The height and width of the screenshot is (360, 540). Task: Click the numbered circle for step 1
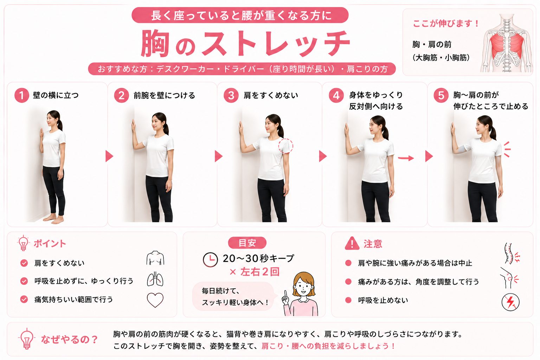pyautogui.click(x=22, y=95)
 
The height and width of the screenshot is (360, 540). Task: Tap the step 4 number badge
pyautogui.click(x=336, y=95)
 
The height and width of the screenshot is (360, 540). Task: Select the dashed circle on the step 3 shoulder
pyautogui.click(x=286, y=146)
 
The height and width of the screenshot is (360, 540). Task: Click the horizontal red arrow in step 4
pyautogui.click(x=406, y=158)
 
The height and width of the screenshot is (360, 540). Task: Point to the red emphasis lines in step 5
pyautogui.click(x=507, y=149)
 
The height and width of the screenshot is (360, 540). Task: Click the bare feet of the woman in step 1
pyautogui.click(x=53, y=219)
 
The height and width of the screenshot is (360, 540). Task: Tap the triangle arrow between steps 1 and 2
pyautogui.click(x=109, y=156)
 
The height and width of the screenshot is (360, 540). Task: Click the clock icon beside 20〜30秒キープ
pyautogui.click(x=210, y=260)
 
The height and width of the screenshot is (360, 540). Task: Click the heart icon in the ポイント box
pyautogui.click(x=155, y=300)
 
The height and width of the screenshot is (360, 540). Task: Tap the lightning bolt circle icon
pyautogui.click(x=510, y=302)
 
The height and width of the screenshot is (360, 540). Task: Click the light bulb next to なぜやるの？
pyautogui.click(x=27, y=339)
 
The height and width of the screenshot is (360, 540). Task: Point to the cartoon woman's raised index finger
pyautogui.click(x=285, y=294)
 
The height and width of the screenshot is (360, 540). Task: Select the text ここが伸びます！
pyautogui.click(x=446, y=24)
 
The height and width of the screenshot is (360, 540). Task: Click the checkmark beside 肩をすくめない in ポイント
pyautogui.click(x=24, y=263)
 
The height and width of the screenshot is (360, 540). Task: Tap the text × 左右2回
pyautogui.click(x=254, y=272)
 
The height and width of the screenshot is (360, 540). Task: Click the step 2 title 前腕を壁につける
pyautogui.click(x=164, y=96)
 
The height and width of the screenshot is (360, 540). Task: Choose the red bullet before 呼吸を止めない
pyautogui.click(x=348, y=300)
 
